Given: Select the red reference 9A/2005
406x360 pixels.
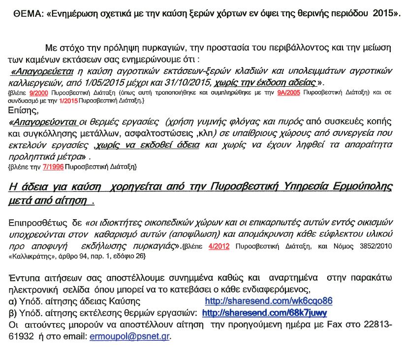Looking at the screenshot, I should [289, 92].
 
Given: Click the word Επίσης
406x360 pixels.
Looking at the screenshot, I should [23, 110].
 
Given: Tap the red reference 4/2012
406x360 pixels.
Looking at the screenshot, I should [219, 246].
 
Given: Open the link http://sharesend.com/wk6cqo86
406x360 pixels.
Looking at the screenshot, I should [268, 301].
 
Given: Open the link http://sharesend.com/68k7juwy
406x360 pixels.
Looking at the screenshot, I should [264, 313].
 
